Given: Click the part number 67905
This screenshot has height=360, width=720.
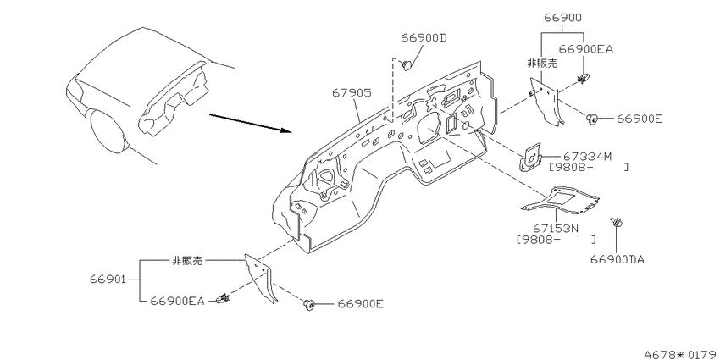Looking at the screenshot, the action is (x=352, y=93).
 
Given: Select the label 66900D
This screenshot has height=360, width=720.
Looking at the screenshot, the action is (x=424, y=37).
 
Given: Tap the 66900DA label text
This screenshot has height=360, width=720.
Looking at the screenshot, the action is (x=618, y=260).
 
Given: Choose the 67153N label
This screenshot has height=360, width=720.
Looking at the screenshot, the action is (x=556, y=228).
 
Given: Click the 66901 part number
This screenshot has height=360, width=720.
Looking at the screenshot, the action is (x=108, y=280).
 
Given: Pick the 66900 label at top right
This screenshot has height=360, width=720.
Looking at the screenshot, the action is (x=563, y=18).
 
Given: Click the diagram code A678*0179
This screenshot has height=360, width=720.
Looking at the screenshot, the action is (x=681, y=354).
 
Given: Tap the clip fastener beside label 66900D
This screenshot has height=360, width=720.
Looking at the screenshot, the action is (x=407, y=66).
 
